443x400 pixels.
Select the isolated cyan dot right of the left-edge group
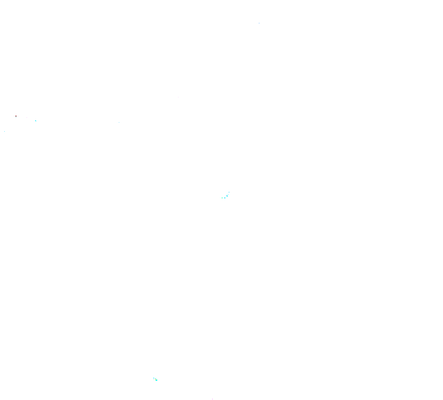click(119, 122)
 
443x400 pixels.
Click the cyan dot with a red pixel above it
click(16, 117)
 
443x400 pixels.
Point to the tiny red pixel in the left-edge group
click(16, 116)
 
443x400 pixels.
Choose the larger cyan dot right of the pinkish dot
click(36, 121)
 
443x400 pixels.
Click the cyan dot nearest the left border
click(4, 131)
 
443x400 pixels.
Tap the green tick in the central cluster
click(222, 198)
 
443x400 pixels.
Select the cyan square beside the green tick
click(225, 198)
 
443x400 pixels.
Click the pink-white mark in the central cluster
click(226, 195)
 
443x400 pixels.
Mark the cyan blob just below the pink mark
click(227, 196)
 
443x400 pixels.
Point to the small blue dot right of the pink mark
click(228, 194)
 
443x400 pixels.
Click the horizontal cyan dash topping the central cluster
click(229, 192)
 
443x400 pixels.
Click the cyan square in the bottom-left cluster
click(157, 380)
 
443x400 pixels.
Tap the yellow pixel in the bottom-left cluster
click(156, 379)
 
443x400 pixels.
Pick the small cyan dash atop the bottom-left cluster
click(154, 378)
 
